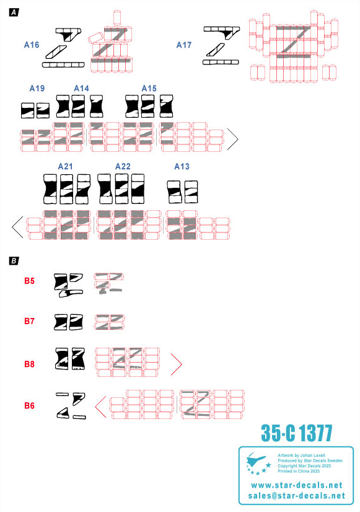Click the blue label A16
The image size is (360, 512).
click(32, 45)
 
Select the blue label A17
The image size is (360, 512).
click(184, 45)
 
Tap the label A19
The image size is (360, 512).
click(37, 88)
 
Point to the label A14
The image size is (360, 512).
click(81, 88)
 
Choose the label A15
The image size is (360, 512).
click(149, 88)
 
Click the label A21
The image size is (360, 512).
click(65, 167)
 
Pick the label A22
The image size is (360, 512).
click(123, 167)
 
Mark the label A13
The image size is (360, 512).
click(182, 167)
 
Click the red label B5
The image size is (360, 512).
click(29, 281)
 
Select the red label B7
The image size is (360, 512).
click(29, 321)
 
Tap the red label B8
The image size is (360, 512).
click(29, 364)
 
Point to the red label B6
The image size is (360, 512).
click(29, 405)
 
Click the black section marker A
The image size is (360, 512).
click(14, 13)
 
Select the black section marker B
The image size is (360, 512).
click(14, 261)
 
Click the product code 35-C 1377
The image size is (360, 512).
click(296, 433)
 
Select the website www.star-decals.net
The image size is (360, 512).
click(296, 485)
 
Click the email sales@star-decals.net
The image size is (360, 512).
click(296, 496)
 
